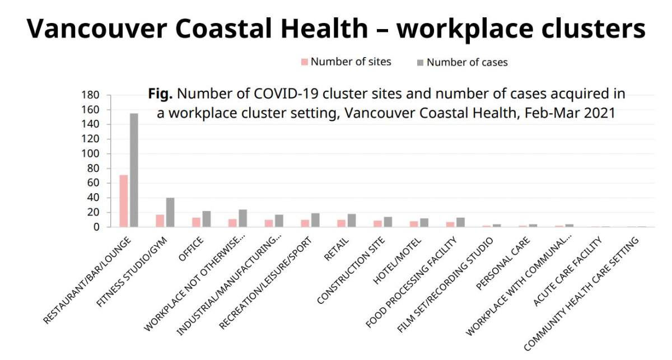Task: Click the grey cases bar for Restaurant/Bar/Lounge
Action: (134, 170)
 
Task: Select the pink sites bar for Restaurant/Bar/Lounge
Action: (123, 201)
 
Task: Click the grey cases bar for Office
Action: (207, 219)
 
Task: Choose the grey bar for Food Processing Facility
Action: (460, 222)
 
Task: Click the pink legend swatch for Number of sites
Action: (305, 62)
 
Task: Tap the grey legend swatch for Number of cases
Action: (421, 62)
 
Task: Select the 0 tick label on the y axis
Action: (96, 227)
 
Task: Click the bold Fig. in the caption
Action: (161, 93)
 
